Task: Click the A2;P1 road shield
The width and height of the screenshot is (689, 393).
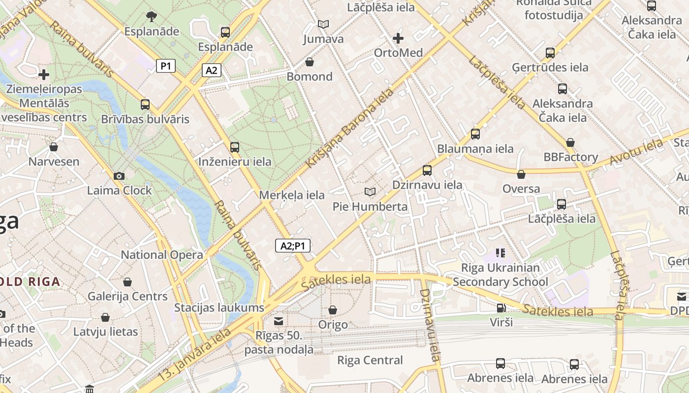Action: pyautogui.click(x=293, y=246)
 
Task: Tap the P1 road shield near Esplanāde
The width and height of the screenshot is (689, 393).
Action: pyautogui.click(x=166, y=66)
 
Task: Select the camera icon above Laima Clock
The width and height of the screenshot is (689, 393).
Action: pyautogui.click(x=119, y=176)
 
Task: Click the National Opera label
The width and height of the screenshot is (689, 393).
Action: pyautogui.click(x=162, y=255)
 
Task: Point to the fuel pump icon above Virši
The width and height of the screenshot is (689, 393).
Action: pyautogui.click(x=501, y=308)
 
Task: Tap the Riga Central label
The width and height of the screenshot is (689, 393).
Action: pyautogui.click(x=370, y=361)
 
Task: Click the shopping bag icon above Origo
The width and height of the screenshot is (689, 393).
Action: pyautogui.click(x=333, y=310)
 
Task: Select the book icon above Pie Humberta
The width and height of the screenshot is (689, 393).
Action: pyautogui.click(x=370, y=192)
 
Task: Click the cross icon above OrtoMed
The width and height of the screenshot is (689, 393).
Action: pyautogui.click(x=398, y=38)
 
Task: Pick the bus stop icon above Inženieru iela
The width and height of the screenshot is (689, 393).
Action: pyautogui.click(x=235, y=147)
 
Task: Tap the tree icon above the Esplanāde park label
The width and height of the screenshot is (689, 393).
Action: pyautogui.click(x=151, y=17)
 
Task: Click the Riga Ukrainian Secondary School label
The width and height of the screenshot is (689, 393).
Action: pyautogui.click(x=500, y=275)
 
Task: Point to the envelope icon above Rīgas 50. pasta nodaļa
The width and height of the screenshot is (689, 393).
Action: pyautogui.click(x=279, y=321)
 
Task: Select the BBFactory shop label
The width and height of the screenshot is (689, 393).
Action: pyautogui.click(x=570, y=157)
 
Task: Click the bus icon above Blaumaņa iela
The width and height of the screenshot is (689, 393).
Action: pyautogui.click(x=475, y=134)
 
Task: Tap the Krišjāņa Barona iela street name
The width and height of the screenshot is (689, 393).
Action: pyautogui.click(x=350, y=128)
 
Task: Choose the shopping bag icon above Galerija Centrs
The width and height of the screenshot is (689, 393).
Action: pyautogui.click(x=127, y=282)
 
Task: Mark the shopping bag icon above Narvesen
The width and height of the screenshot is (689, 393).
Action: pyautogui.click(x=54, y=147)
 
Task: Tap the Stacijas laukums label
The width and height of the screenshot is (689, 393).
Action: pyautogui.click(x=219, y=308)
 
